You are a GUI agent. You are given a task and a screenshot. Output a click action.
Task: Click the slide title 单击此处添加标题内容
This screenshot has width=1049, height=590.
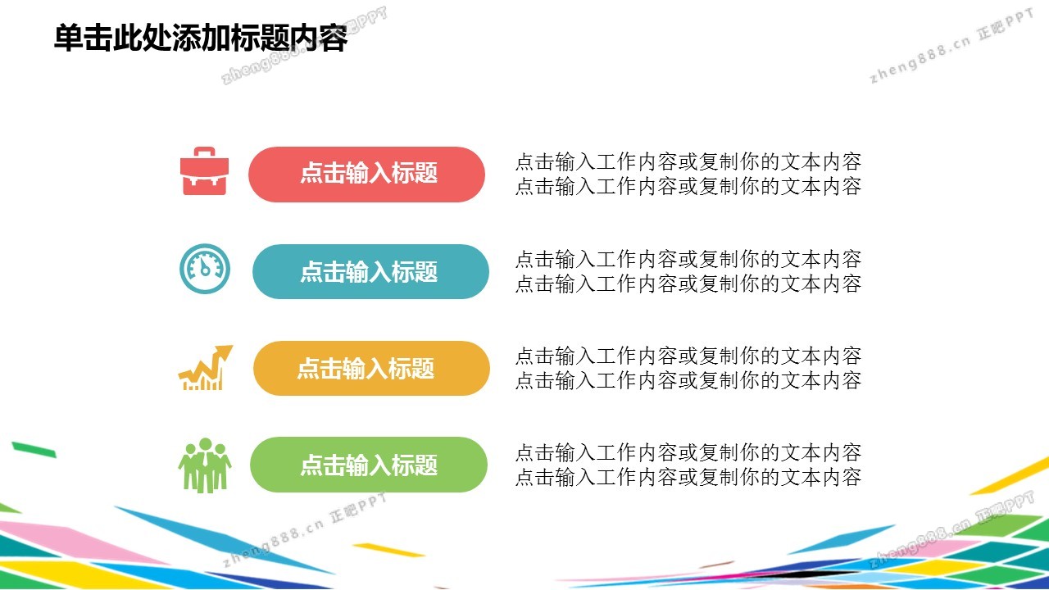[x=201, y=38]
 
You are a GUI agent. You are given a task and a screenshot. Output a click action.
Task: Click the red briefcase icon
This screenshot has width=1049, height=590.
[x=205, y=171]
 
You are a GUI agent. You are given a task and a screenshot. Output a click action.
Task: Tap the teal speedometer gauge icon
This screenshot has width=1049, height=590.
[x=205, y=269]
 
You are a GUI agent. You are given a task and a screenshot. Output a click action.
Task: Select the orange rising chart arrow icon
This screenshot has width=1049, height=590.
[x=205, y=368]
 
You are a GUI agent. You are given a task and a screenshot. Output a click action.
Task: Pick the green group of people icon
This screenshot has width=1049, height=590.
[x=205, y=465]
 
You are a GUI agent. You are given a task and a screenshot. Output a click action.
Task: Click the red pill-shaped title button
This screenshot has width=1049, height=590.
[x=366, y=175]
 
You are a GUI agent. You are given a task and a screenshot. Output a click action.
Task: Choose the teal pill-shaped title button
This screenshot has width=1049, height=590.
[x=370, y=271]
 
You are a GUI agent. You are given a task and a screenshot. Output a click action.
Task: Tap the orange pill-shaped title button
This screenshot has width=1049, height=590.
[x=371, y=368]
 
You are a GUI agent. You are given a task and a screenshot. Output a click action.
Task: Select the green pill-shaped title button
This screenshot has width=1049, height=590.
[x=369, y=465]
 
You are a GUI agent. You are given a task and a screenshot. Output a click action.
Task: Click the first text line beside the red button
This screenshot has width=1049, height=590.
[x=688, y=162]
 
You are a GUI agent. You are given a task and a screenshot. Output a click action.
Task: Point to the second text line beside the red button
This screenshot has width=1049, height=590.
[x=688, y=186]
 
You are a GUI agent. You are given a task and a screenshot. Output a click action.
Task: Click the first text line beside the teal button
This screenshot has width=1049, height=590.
[x=688, y=260]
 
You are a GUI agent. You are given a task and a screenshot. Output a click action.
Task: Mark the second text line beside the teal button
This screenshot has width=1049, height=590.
[x=688, y=284]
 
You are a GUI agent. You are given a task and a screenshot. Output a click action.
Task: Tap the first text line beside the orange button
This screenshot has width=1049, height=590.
[x=688, y=356]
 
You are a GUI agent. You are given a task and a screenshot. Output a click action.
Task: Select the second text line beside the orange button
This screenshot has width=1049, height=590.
[x=688, y=381]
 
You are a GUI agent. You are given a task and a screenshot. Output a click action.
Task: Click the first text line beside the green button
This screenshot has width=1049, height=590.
[x=688, y=453]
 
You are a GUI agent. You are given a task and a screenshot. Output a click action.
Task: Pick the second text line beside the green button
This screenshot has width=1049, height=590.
[x=688, y=478]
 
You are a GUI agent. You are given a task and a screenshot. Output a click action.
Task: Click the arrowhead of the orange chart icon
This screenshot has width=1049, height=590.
[x=225, y=352]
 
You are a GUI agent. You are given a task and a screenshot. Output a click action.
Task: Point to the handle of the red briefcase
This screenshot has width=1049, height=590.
[x=205, y=152]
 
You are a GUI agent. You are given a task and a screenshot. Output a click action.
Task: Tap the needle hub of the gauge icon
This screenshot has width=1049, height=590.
[x=205, y=271]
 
